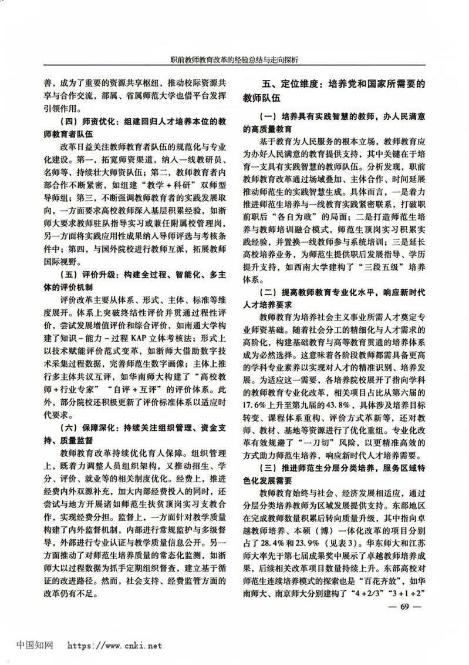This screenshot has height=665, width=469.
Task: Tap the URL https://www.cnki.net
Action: click(115, 645)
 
